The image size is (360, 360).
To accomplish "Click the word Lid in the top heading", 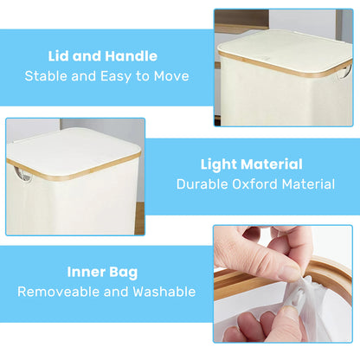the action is tap(58, 56).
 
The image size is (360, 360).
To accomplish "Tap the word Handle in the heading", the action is tap(132, 56).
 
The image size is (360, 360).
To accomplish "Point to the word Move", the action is tap(171, 76).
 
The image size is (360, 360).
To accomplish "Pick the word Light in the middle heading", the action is tap(219, 164).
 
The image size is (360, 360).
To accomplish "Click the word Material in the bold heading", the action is tap(272, 164).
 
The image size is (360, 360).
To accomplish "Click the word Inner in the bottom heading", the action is tap(86, 272).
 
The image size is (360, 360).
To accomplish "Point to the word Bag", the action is tap(124, 273).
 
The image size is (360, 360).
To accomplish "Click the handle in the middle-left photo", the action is tap(23, 176).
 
